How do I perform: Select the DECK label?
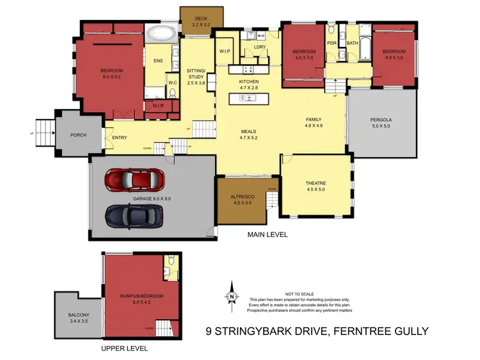(201, 19)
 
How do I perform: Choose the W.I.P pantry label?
(225, 51)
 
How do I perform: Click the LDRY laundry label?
(259, 47)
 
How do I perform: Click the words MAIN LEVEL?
(268, 235)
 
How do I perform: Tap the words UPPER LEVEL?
(125, 348)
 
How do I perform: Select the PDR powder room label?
(332, 44)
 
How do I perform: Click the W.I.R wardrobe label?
(158, 106)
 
